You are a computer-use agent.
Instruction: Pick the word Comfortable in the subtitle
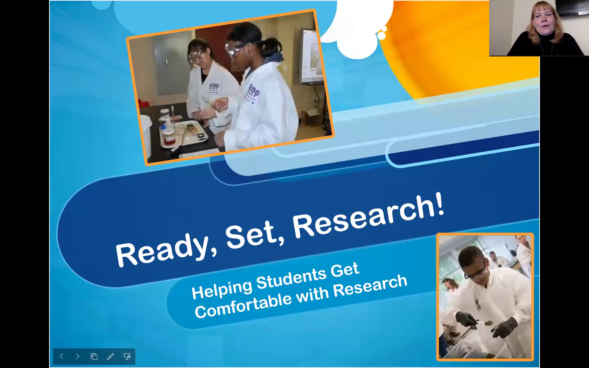tap(243, 305)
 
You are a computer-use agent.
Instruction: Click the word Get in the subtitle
tap(345, 270)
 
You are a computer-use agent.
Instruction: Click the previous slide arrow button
tap(61, 357)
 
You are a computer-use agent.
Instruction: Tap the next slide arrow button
tap(77, 357)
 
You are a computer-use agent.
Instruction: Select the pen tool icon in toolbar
tap(110, 357)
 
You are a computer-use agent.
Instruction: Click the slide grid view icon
tap(94, 357)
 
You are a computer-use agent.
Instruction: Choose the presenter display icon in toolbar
tap(127, 357)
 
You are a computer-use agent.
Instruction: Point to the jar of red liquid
tap(169, 137)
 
